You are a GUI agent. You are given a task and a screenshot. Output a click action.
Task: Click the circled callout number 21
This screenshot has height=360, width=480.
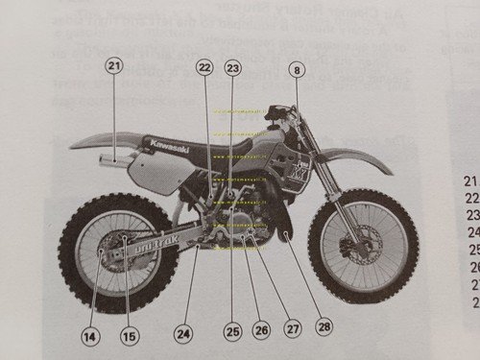click(x=114, y=66)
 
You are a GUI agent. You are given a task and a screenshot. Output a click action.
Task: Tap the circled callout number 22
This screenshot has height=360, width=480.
click(x=204, y=67)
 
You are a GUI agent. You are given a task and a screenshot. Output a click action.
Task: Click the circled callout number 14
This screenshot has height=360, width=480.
click(x=89, y=336)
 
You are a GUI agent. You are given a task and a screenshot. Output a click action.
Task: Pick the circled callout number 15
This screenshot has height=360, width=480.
click(x=130, y=336)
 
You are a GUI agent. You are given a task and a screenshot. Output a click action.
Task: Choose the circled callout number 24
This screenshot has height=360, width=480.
click(x=183, y=333)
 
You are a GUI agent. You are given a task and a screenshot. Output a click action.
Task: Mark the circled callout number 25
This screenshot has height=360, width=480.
click(x=231, y=331)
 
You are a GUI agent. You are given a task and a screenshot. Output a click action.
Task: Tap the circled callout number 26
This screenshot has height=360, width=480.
click(x=261, y=329)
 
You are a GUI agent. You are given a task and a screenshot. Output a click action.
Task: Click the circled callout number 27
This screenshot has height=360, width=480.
click(x=293, y=328)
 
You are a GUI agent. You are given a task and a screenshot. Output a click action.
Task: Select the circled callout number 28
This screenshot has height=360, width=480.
click(x=324, y=326)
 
